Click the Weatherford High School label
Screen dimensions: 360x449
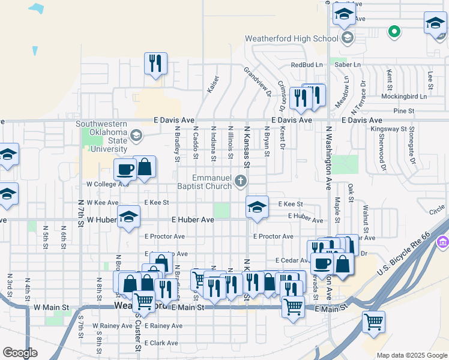coord(292,39)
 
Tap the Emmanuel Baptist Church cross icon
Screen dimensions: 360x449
coord(241,181)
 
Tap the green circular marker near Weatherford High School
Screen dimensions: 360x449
coord(394,31)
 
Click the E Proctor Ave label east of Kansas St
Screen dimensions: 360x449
coord(273,236)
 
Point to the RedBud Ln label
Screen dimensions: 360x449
coord(307,64)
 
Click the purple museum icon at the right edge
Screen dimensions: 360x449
coord(443,242)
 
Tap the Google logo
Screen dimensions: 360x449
coord(20,353)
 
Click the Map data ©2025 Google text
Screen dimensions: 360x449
coord(411,355)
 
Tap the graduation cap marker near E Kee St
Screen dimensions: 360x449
coord(257,208)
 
